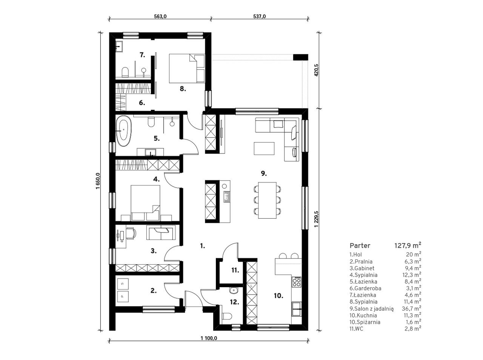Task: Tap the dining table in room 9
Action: point(267,200)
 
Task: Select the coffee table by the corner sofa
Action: point(264,149)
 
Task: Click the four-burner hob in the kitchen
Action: point(297,282)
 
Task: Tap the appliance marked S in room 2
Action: point(123,284)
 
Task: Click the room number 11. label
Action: point(235,270)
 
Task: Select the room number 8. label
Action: point(183,89)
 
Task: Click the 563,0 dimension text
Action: point(160,17)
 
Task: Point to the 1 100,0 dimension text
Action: point(209,338)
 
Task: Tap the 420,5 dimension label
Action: point(317,70)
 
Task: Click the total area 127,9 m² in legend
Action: point(408,245)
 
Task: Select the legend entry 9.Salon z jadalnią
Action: point(371,309)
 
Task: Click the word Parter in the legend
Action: point(360,245)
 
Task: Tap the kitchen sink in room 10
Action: point(297,309)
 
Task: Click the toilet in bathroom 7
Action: point(125,72)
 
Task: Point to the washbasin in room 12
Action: point(233,290)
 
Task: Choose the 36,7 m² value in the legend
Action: point(411,308)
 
